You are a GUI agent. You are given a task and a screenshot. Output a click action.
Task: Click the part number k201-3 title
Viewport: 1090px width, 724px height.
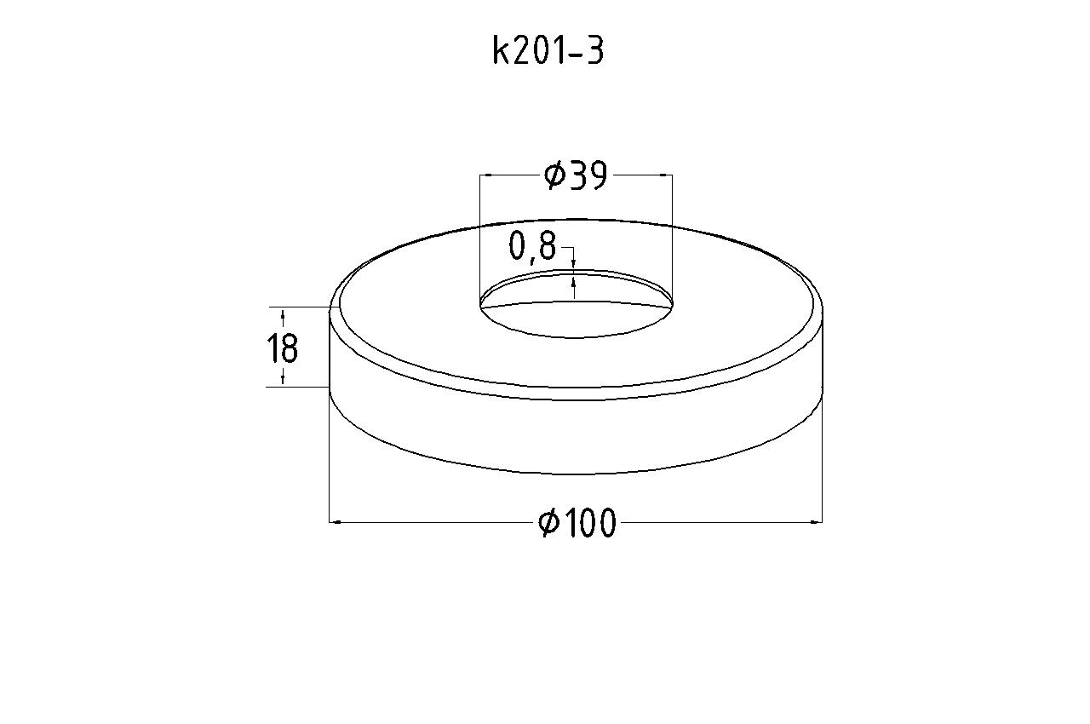click(548, 51)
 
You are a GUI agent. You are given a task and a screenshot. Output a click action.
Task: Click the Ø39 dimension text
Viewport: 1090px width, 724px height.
click(577, 175)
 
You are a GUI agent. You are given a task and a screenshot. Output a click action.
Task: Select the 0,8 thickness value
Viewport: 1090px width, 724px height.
click(532, 246)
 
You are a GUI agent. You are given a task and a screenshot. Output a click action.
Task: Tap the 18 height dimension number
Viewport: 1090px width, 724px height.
click(282, 348)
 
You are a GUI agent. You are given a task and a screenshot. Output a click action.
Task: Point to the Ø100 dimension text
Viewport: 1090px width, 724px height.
click(577, 523)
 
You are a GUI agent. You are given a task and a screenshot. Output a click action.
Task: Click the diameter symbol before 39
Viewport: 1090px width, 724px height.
click(554, 175)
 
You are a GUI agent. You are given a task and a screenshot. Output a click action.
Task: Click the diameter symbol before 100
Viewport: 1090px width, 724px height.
click(548, 523)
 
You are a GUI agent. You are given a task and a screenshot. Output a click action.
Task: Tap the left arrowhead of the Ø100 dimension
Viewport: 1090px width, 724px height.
click(335, 523)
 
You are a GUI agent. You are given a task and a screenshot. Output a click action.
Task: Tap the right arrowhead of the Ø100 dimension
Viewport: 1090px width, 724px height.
click(817, 523)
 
